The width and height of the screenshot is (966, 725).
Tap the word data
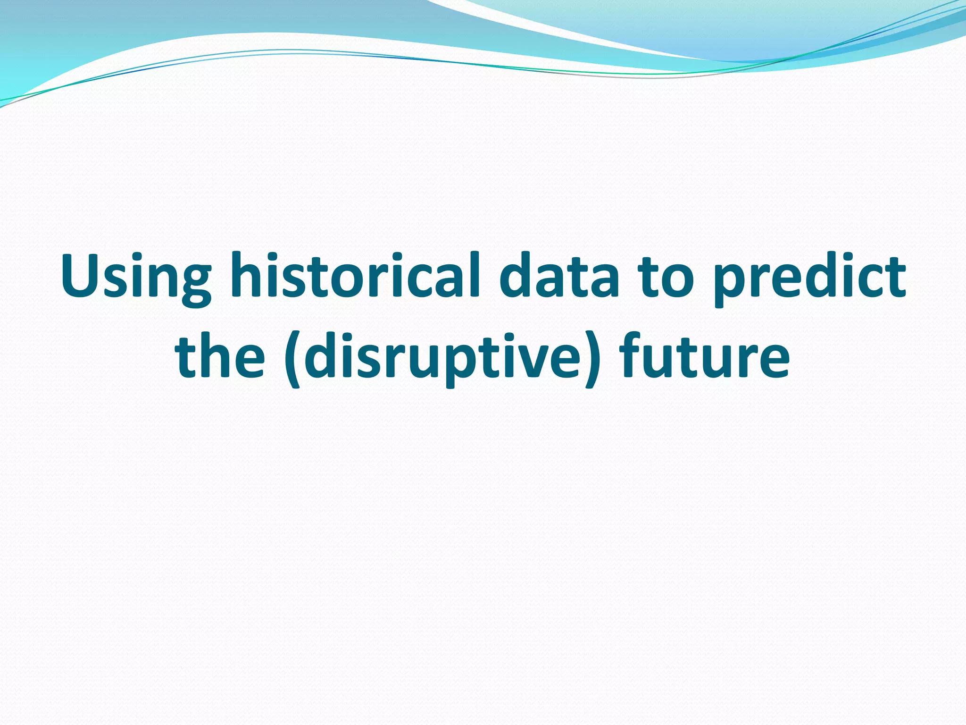click(558, 276)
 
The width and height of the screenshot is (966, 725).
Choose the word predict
click(808, 278)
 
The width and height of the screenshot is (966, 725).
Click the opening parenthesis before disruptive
click(293, 359)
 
